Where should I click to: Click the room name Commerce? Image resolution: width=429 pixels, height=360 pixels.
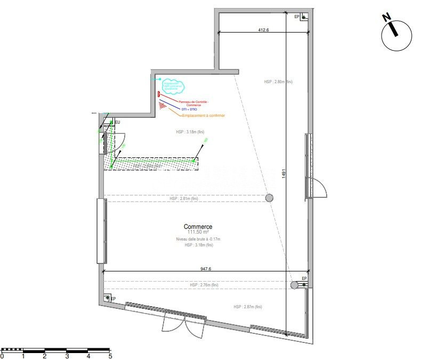pos(198,226)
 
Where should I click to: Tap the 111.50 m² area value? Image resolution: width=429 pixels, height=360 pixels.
pos(198,233)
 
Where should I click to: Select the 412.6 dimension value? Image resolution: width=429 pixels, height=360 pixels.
pos(263,30)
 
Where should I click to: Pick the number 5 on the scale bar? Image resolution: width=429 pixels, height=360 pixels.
pos(110,356)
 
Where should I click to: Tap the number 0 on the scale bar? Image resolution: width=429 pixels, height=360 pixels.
pos(2,356)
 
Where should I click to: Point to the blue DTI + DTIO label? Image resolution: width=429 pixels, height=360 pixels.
pos(189,109)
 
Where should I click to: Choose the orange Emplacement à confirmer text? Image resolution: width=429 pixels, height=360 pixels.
pos(203,115)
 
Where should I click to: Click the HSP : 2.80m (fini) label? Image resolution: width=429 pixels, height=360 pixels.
pos(278,82)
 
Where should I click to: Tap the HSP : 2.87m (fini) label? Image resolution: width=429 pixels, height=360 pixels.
pos(247,307)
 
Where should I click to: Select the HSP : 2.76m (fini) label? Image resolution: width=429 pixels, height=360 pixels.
pos(204,285)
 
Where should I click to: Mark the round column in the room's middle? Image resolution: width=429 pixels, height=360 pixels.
pos(270,198)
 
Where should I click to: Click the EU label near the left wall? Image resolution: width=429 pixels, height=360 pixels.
pos(118,123)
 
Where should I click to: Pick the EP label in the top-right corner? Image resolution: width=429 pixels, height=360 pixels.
pos(297,17)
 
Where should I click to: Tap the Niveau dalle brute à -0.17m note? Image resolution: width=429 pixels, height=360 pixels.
pos(198,239)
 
